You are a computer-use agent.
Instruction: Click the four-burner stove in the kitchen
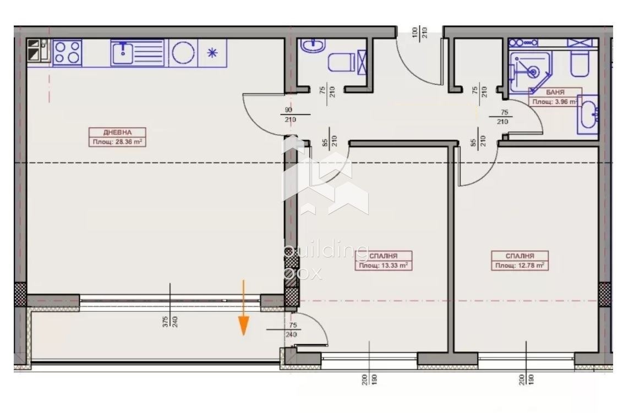[x=67, y=52]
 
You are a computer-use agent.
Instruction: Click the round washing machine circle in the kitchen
[x=182, y=53]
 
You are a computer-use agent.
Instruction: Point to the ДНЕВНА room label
[x=117, y=132]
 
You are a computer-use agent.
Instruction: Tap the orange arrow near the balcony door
[x=243, y=308]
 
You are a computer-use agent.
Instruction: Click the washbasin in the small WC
[x=312, y=45]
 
